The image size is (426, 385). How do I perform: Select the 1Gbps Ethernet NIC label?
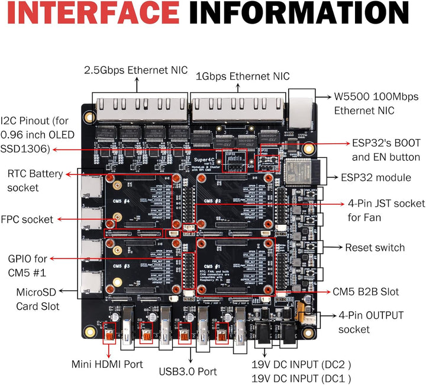(243, 76)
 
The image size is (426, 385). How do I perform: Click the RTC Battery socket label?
(33, 180)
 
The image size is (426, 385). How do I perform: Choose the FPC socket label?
(35, 219)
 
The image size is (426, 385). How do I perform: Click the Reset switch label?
(375, 247)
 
